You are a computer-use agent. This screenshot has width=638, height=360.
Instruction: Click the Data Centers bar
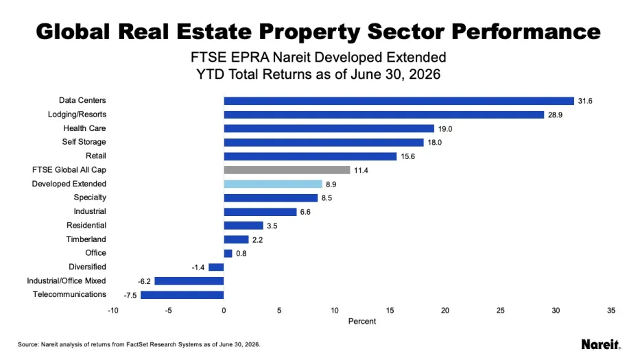[399, 101]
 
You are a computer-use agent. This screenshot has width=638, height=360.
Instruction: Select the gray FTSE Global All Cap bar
[287, 170]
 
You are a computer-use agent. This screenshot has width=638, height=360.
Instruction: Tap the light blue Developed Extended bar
[273, 184]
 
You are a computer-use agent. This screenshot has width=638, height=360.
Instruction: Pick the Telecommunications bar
[182, 295]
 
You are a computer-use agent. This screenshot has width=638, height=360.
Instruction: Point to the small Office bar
[228, 254]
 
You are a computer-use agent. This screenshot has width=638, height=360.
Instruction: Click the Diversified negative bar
[216, 267]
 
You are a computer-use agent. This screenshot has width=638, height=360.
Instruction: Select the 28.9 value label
[555, 115]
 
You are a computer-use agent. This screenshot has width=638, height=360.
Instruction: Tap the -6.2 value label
[144, 282]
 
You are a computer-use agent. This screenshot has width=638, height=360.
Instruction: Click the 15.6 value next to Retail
[407, 156]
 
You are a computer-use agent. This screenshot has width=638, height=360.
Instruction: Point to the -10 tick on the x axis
[113, 311]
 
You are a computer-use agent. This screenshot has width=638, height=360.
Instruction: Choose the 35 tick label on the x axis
[611, 311]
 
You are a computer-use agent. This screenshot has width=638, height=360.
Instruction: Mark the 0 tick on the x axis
[224, 311]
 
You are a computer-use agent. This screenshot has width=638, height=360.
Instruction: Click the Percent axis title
[362, 322]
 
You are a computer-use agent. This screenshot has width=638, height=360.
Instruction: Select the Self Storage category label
[84, 142]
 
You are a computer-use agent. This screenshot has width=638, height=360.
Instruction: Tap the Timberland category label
[86, 239]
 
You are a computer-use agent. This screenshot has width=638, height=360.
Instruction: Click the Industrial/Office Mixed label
[67, 280]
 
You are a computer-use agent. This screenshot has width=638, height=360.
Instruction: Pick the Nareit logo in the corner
[601, 344]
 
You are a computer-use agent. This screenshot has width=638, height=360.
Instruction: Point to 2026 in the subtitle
[425, 75]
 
